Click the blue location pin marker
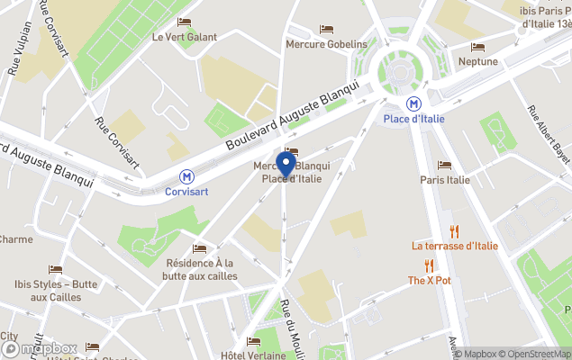coord(286,165)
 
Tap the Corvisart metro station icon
coord(187,176)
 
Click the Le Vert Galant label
coord(184,37)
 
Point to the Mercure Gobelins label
coord(326,44)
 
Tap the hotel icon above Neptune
coord(477,47)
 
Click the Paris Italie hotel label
coord(445,179)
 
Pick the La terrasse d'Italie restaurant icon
coord(454,231)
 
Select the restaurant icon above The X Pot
coord(429,265)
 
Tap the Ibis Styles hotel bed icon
coord(56,270)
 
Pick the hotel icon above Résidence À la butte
coord(200,248)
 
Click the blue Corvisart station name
coord(187,192)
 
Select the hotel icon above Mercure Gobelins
coord(326,29)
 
